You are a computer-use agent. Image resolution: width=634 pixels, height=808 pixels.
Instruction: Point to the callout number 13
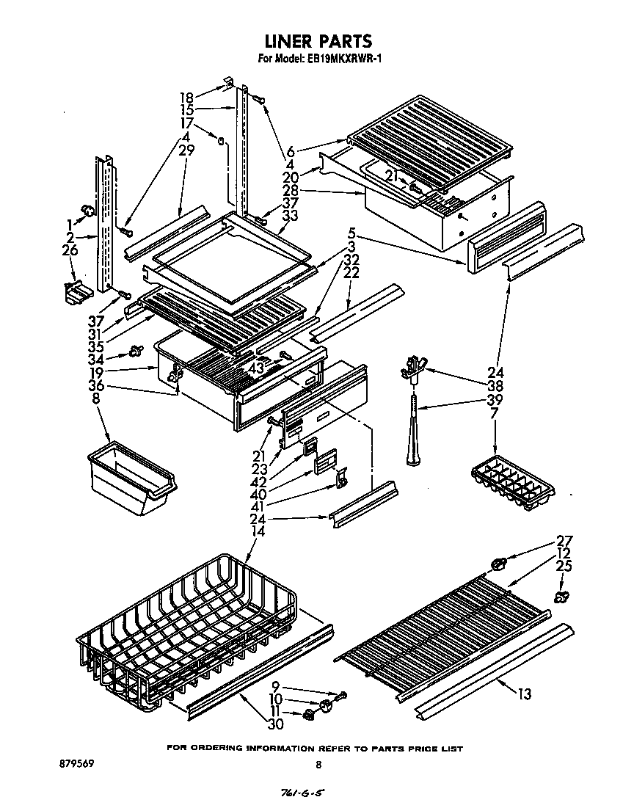524,694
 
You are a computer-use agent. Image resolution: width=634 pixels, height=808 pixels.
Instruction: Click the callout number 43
256,366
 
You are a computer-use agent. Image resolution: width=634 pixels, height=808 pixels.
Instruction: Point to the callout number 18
186,97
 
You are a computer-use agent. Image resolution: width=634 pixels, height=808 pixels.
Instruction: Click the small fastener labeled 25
563,596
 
